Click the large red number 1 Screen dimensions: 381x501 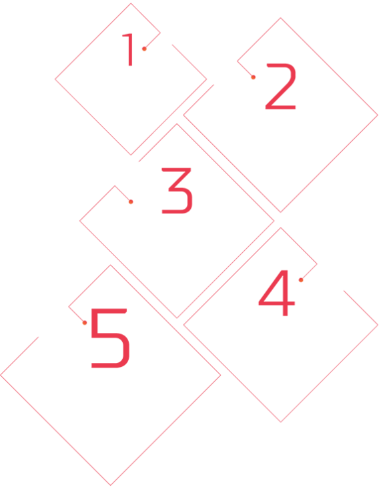(129, 50)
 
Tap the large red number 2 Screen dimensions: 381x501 (281, 87)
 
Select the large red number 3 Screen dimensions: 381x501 (177, 191)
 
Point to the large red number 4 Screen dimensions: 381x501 (277, 293)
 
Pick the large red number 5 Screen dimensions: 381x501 (110, 338)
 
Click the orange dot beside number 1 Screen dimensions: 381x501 (144, 49)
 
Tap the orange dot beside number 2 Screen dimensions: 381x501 (253, 77)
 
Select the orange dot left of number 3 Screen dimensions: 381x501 (131, 201)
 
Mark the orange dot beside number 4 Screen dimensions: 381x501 (301, 280)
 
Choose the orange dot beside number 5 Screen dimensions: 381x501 (84, 323)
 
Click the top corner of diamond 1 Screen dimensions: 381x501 (131, 3)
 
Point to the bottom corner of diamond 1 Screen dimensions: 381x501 (131, 155)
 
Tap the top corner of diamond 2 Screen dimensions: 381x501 (281, 18)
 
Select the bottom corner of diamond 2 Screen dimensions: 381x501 (281, 212)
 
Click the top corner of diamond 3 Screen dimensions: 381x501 (177, 123)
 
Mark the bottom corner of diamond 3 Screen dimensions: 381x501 (177, 318)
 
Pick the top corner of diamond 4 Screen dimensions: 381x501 (281, 227)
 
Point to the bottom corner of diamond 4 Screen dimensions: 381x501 (281, 422)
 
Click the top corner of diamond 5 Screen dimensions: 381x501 (110, 265)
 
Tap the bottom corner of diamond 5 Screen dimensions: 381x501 (110, 486)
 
